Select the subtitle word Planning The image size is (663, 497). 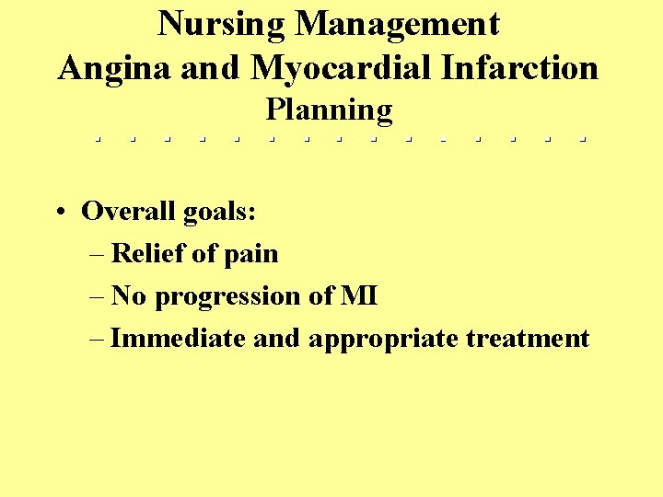[329, 110]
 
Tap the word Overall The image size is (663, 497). [128, 212]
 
